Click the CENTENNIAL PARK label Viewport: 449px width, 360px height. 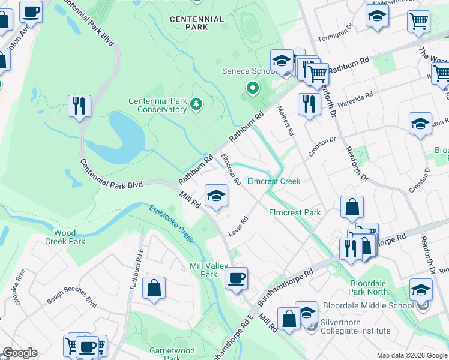coord(197,23)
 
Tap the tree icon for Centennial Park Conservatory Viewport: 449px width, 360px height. coord(196,105)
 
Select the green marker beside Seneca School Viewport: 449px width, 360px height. coord(253,89)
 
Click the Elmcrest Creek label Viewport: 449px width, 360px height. coord(273,181)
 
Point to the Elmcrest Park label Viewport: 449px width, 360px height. coord(295,212)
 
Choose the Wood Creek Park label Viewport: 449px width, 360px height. coord(65,237)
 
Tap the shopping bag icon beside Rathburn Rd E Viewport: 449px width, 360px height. coord(154,288)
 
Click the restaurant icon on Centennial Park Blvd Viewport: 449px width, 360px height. coord(79,106)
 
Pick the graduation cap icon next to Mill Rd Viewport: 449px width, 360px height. coord(216,195)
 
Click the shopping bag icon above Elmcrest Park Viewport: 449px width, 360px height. coord(352,206)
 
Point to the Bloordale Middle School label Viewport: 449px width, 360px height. coord(368,305)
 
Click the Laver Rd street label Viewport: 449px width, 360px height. coord(238,227)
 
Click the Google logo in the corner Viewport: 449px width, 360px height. coord(20,353)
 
